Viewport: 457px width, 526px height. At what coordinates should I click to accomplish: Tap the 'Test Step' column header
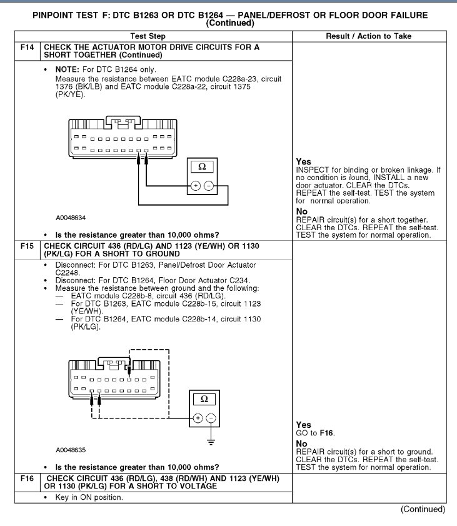153,36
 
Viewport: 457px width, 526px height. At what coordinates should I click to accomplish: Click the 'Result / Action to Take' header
369,36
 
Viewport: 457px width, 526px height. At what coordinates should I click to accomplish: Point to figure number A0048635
71,450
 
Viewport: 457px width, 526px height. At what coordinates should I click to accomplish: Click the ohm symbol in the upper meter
201,167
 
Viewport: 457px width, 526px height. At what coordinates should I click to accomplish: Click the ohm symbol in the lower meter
204,399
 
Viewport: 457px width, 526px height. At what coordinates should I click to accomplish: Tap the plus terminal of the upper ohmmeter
195,186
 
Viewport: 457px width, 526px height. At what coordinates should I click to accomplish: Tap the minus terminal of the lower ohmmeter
211,418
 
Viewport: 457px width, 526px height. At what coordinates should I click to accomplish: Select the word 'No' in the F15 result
302,444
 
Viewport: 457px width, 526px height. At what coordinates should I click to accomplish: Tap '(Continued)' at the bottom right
423,510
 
